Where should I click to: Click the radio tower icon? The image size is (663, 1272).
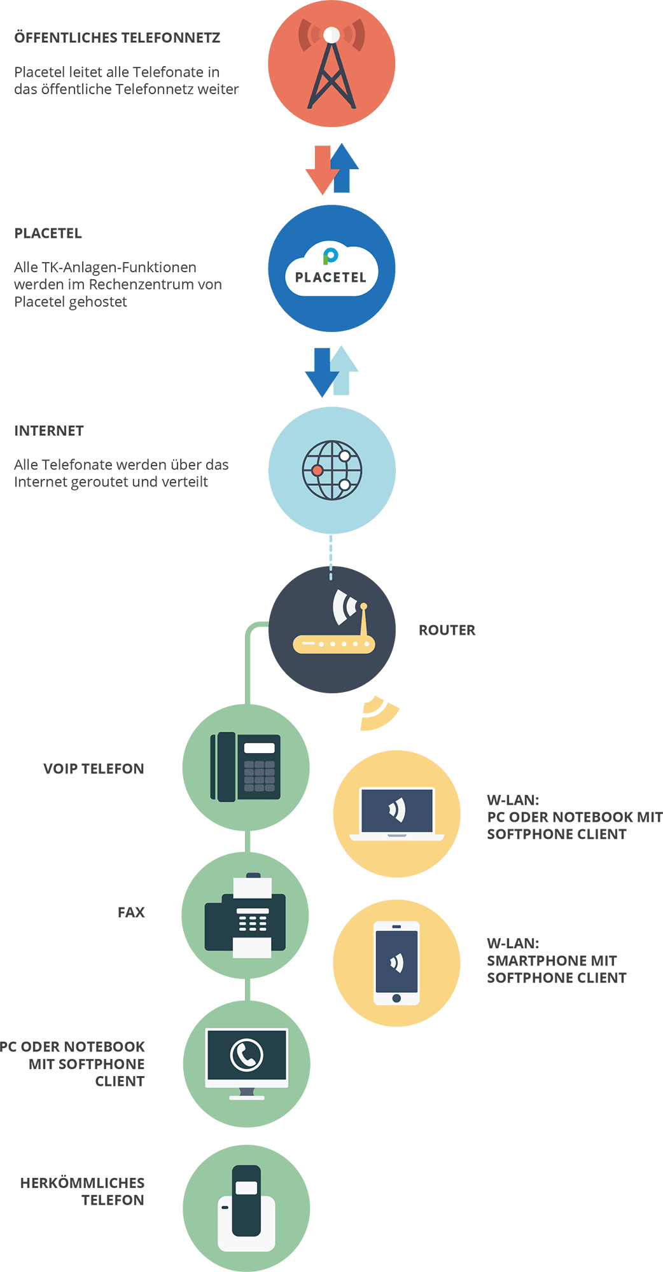point(331,67)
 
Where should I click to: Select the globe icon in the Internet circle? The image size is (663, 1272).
point(331,471)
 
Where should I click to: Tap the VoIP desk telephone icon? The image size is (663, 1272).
point(246,767)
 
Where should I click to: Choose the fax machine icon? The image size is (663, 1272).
point(246,916)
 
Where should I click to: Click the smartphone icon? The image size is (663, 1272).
point(396,963)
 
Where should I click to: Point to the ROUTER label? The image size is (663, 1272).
point(447,630)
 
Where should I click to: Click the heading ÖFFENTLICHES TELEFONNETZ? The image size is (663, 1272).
point(117,38)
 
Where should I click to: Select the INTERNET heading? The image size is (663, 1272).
point(49,431)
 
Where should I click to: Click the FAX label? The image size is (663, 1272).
point(131,913)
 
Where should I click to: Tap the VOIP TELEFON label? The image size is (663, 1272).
point(94,769)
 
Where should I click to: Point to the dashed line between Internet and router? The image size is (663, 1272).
point(330,557)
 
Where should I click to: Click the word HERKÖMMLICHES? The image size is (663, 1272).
point(82,1183)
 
